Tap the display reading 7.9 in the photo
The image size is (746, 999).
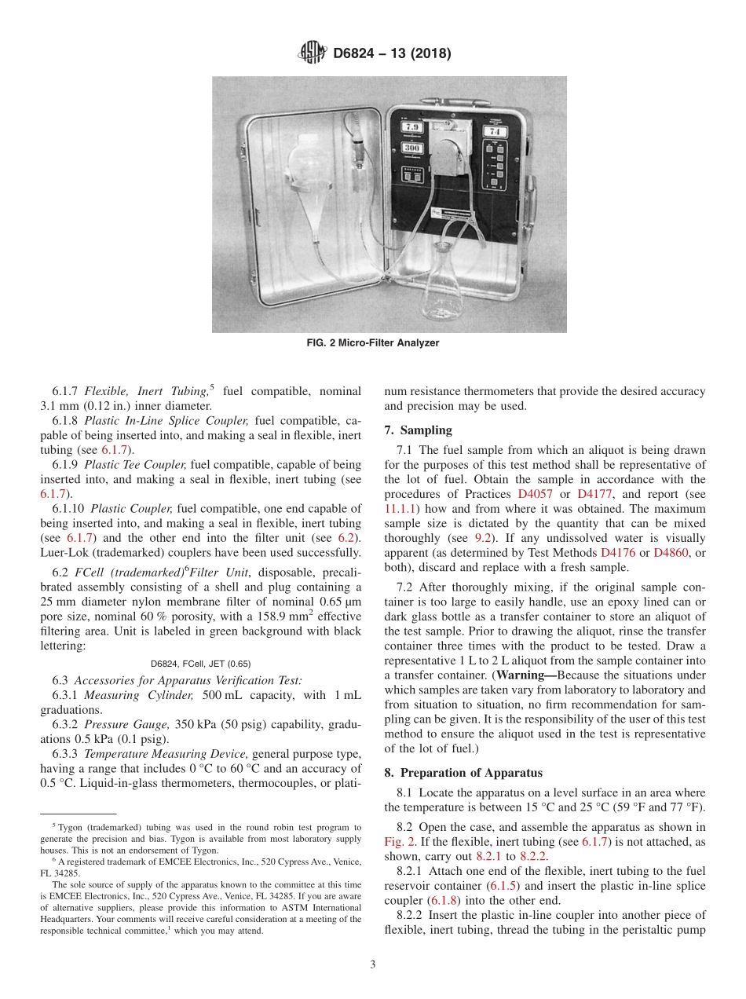[x=413, y=126]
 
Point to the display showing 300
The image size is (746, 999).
[x=413, y=148]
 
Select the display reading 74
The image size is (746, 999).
[x=498, y=131]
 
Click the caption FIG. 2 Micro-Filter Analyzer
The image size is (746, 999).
[x=372, y=343]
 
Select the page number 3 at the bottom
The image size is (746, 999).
[x=373, y=964]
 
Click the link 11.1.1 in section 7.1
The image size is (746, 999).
[x=401, y=508]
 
